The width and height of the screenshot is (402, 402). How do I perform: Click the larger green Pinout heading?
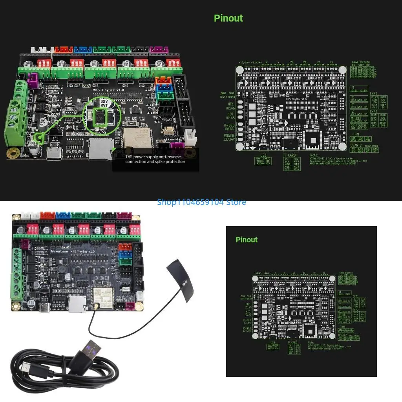tap(228, 18)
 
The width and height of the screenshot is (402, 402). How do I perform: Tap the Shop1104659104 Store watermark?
tap(201, 202)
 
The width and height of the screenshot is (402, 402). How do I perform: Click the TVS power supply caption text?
tap(155, 159)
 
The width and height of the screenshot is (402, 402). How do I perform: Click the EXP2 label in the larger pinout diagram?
tap(373, 111)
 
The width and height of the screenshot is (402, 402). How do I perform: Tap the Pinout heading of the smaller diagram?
tap(247, 240)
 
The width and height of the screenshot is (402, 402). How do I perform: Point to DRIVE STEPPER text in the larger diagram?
tap(360, 62)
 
